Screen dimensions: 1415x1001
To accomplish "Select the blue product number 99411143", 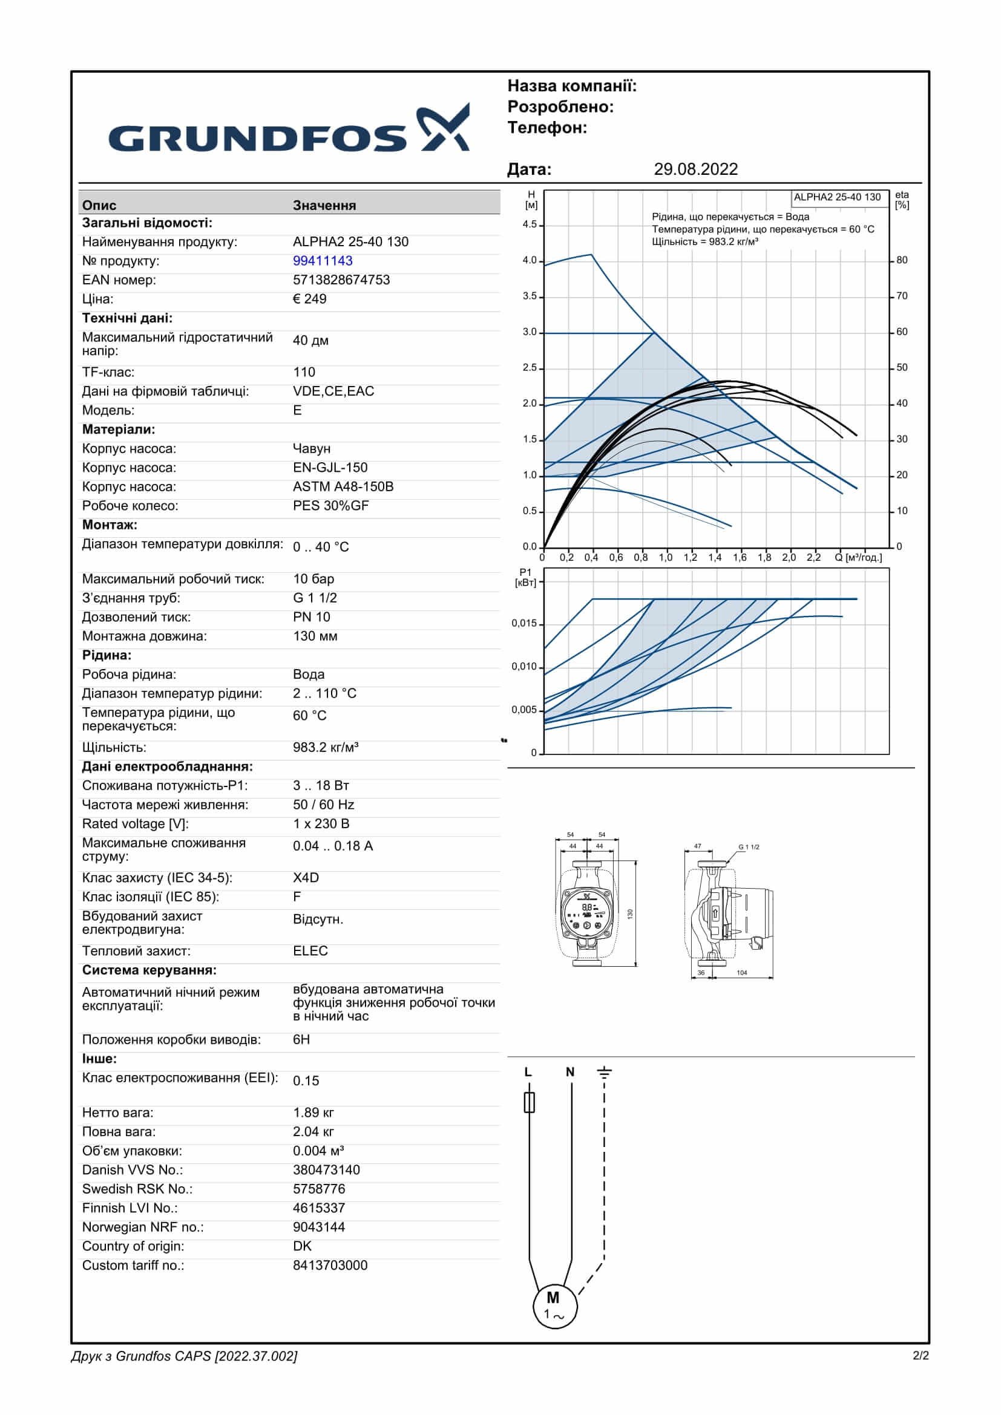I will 323,261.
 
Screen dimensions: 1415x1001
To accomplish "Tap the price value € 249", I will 309,299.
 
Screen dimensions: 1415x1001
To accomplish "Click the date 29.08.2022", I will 695,169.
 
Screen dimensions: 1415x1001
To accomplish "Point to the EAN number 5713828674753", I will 341,280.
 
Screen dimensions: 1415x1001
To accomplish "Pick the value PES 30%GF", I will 330,505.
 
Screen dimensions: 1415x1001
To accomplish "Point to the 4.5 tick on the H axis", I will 530,224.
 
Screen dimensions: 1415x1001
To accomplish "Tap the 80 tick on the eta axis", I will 902,260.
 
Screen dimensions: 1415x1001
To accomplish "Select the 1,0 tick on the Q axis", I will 665,558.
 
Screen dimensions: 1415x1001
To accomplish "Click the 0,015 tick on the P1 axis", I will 524,623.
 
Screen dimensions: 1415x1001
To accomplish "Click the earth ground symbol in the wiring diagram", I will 604,1073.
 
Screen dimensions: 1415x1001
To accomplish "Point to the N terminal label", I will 569,1073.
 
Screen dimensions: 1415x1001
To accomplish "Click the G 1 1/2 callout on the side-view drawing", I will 748,847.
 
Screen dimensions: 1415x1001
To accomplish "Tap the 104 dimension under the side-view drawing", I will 741,973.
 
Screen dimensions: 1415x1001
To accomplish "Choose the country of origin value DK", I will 302,1246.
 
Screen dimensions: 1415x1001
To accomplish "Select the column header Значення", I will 324,205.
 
